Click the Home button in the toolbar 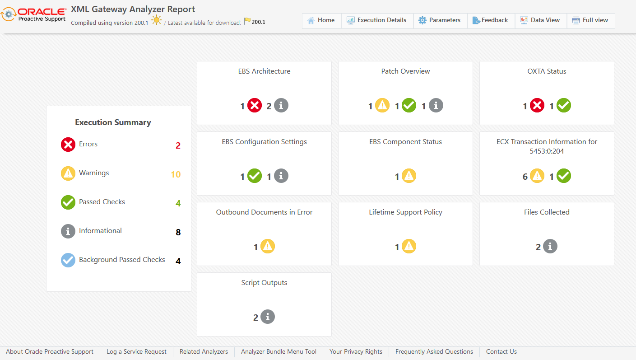pyautogui.click(x=321, y=20)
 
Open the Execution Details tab pyautogui.click(x=377, y=20)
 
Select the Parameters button pyautogui.click(x=440, y=20)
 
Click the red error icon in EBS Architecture pyautogui.click(x=255, y=106)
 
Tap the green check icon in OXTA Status pyautogui.click(x=564, y=106)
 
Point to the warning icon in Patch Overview pyautogui.click(x=382, y=106)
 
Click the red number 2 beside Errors pyautogui.click(x=178, y=145)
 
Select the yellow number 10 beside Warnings pyautogui.click(x=176, y=174)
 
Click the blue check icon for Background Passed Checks pyautogui.click(x=68, y=260)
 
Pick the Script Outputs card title pyautogui.click(x=264, y=283)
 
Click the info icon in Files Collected pyautogui.click(x=550, y=247)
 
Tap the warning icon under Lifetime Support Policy pyautogui.click(x=409, y=247)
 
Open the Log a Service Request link pyautogui.click(x=136, y=352)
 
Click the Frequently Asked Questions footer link pyautogui.click(x=434, y=352)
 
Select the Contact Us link pyautogui.click(x=501, y=352)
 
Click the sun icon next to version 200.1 pyautogui.click(x=157, y=20)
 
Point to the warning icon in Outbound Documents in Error pyautogui.click(x=268, y=247)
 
